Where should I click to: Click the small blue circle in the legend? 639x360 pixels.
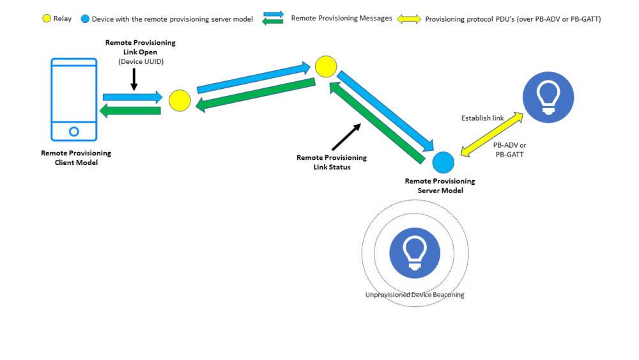(85, 19)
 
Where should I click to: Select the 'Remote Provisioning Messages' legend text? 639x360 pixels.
(341, 19)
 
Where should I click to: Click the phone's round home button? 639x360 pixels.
(73, 131)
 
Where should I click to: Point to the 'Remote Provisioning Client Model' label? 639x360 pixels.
(76, 157)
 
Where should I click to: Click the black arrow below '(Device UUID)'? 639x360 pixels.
(134, 79)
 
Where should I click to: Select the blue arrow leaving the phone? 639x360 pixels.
(133, 97)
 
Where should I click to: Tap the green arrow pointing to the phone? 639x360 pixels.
(130, 111)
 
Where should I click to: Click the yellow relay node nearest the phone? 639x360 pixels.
(180, 100)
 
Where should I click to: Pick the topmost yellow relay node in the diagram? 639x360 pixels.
(325, 66)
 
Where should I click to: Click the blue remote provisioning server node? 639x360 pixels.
(443, 162)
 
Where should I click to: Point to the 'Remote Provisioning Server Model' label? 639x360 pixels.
(440, 185)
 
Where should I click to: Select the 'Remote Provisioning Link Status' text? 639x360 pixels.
(332, 162)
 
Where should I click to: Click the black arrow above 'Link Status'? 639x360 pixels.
(346, 136)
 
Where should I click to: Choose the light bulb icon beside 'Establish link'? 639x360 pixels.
(548, 98)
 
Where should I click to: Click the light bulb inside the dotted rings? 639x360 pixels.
(415, 253)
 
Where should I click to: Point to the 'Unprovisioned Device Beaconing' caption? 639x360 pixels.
(415, 295)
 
